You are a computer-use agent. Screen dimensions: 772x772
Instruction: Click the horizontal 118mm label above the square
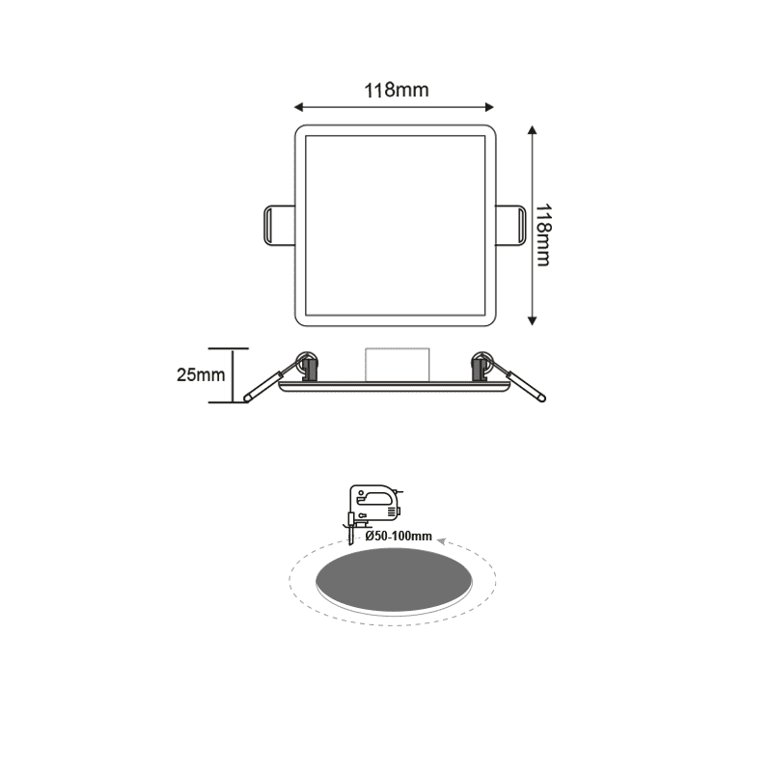click(x=396, y=91)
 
